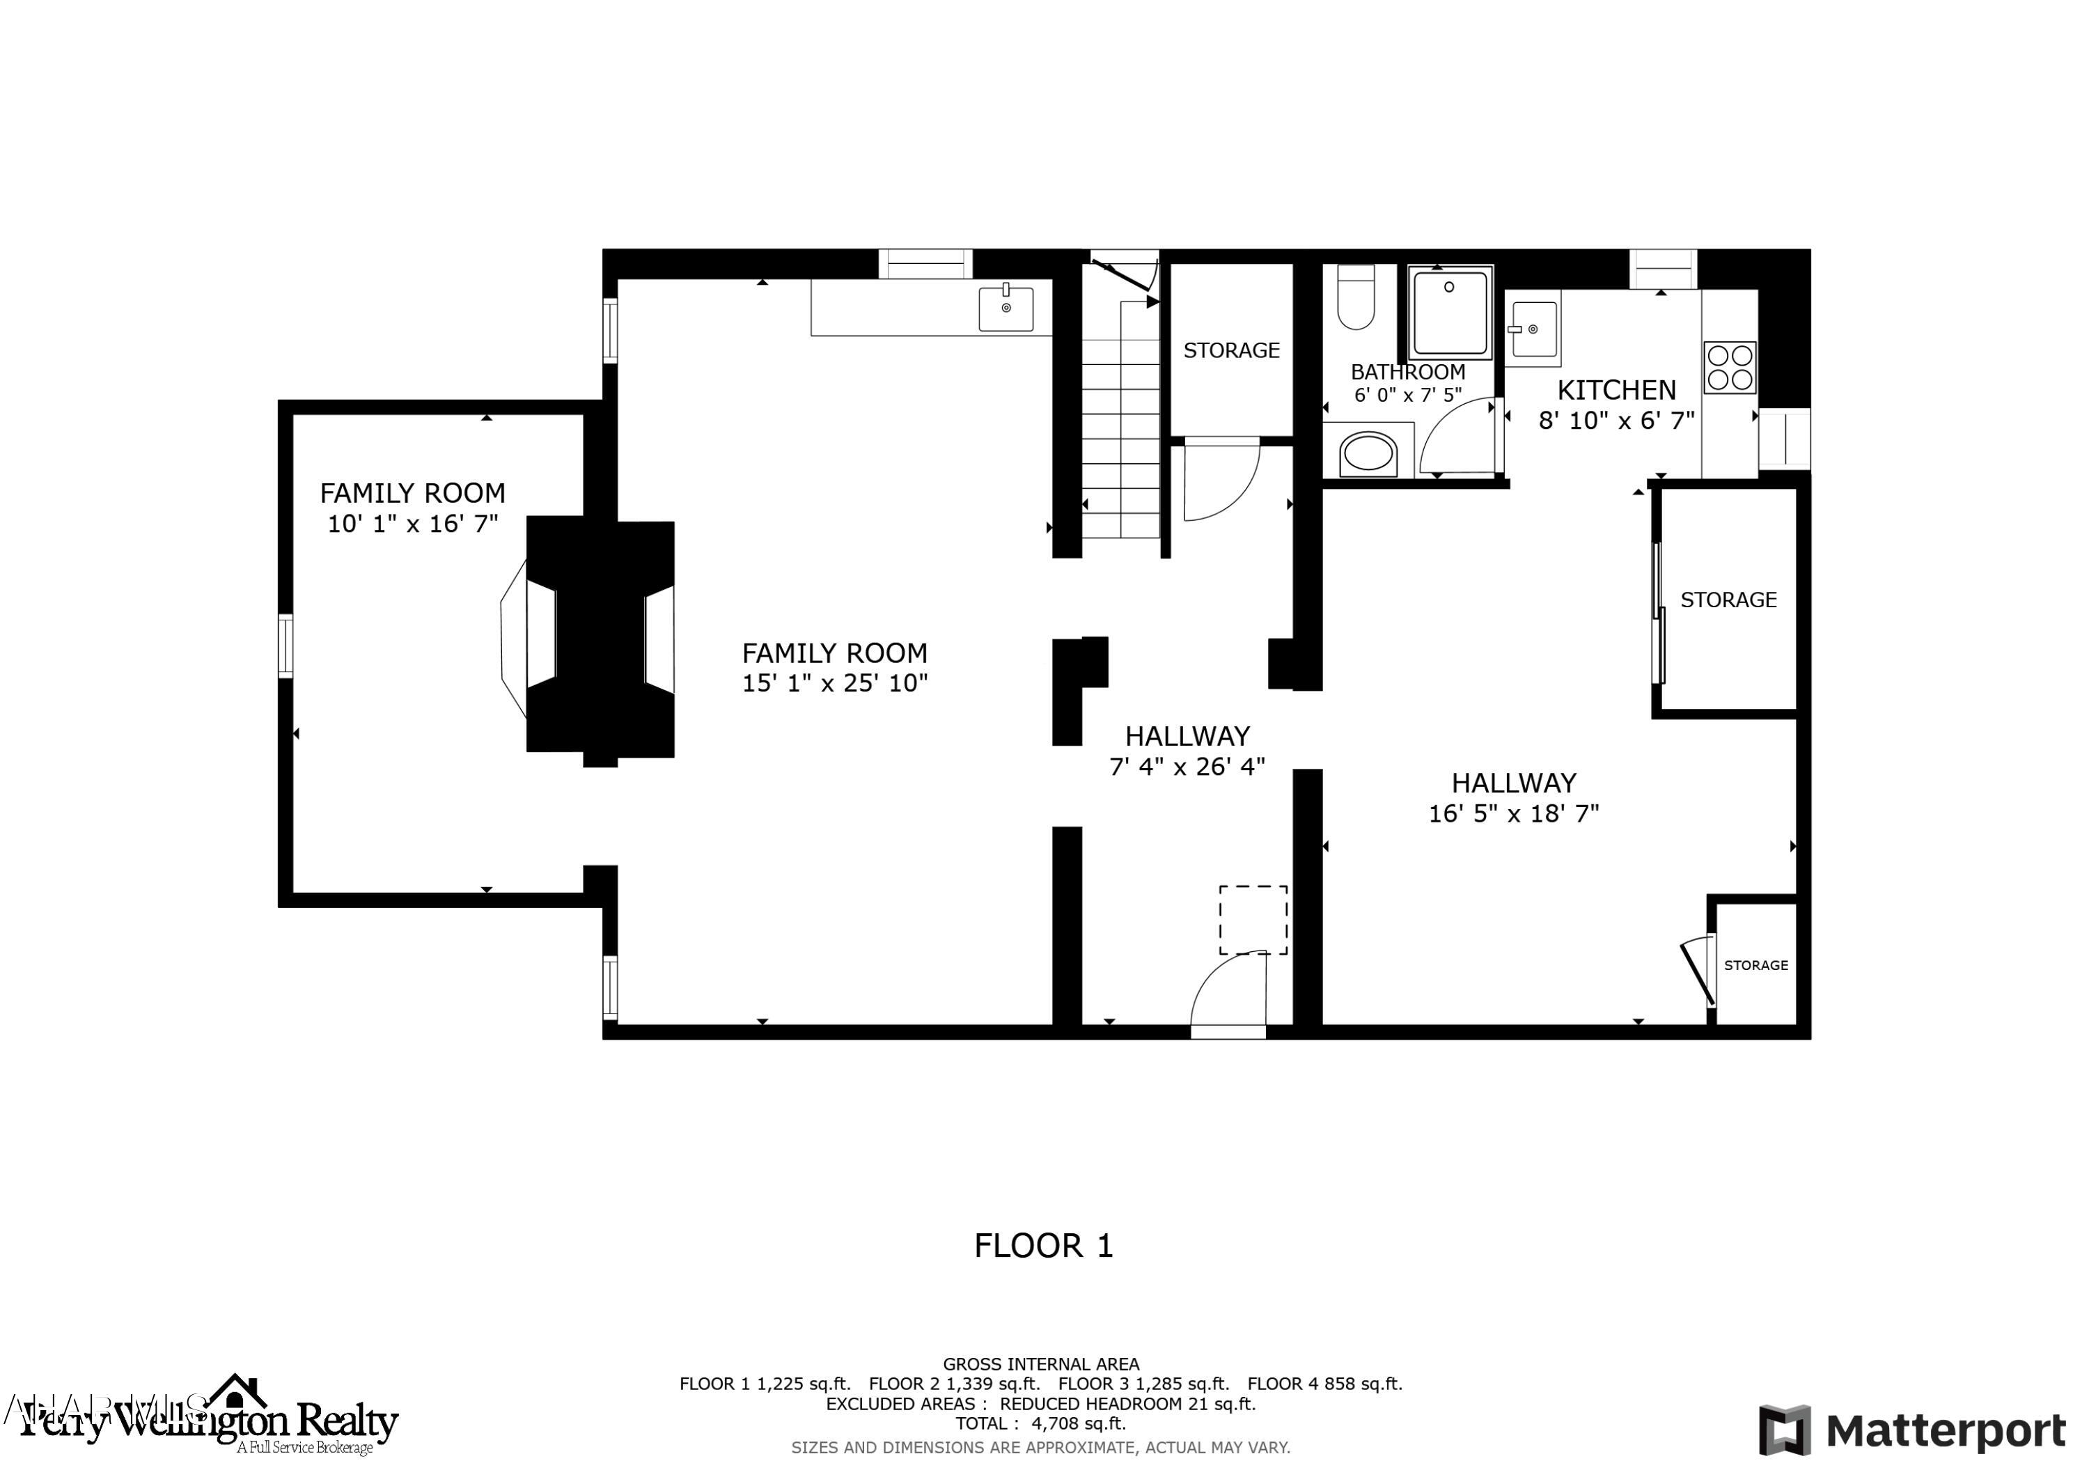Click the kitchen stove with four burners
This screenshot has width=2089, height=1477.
[1729, 368]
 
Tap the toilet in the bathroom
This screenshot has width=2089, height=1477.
[1355, 297]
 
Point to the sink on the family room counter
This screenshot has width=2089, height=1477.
[1006, 309]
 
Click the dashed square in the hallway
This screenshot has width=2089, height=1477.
[1253, 920]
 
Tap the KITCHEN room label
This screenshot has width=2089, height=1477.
[1616, 391]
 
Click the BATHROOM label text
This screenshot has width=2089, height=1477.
[1407, 372]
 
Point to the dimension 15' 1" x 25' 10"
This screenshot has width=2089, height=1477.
[834, 683]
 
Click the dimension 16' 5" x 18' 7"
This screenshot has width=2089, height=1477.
[1513, 813]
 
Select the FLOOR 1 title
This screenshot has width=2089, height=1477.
[1044, 1246]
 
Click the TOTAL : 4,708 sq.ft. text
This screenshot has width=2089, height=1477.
[1040, 1423]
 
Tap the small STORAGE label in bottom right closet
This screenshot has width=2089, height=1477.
[1755, 966]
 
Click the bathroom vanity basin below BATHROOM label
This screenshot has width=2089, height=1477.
[1368, 454]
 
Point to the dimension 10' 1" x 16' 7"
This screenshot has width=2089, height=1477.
[412, 524]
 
